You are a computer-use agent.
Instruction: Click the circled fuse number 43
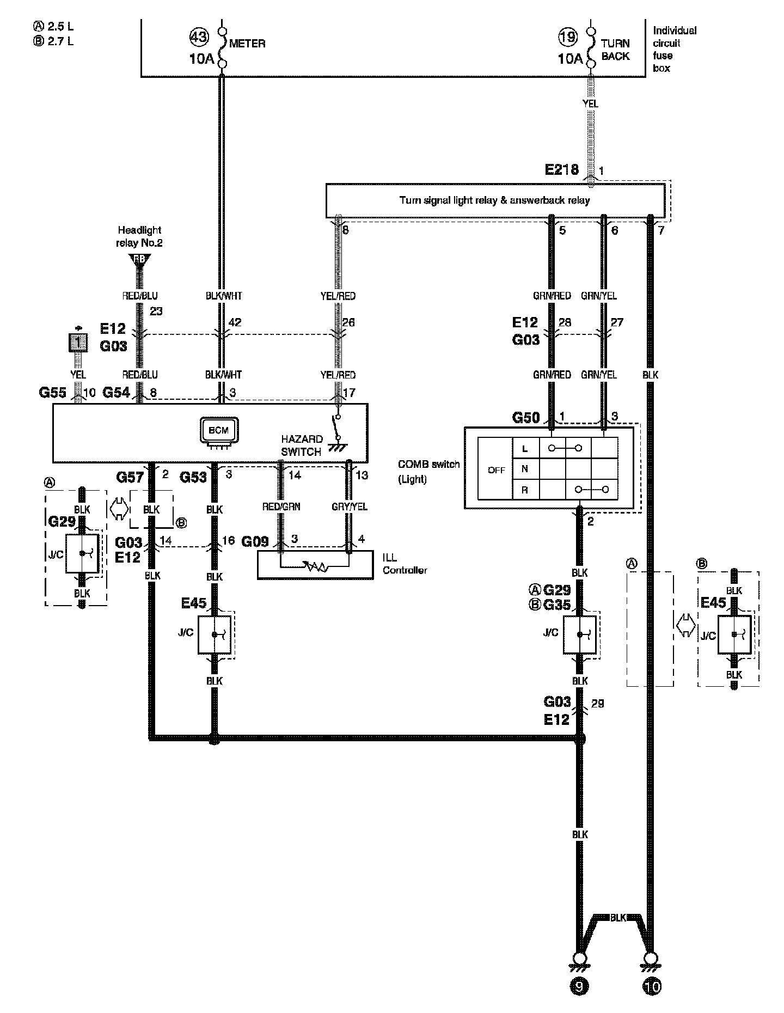199,37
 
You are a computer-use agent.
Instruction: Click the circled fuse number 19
568,37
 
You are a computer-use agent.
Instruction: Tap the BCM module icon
219,430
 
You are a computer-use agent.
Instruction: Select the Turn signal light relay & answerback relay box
494,200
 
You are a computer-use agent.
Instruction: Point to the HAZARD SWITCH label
302,445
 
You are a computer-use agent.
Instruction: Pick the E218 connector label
562,169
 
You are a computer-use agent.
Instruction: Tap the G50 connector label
526,417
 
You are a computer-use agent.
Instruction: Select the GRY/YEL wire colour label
350,507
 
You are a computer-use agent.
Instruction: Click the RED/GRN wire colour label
281,507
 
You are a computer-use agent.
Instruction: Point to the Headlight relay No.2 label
139,236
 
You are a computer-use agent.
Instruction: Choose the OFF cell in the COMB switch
496,469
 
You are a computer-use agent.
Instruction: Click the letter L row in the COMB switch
525,449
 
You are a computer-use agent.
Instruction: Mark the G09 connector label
255,541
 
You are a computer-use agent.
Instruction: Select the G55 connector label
53,392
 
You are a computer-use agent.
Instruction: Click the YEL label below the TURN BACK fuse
590,103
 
